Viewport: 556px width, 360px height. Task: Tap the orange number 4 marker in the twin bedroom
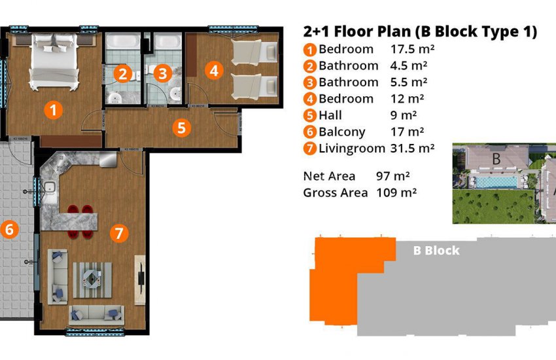[213, 69]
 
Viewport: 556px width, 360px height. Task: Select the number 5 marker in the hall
[182, 127]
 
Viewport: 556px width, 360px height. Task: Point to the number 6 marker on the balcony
[9, 229]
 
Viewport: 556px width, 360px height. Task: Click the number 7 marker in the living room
[117, 232]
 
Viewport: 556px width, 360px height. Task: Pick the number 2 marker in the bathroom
[121, 74]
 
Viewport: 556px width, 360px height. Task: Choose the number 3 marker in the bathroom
[164, 74]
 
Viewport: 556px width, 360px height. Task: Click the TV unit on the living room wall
[140, 270]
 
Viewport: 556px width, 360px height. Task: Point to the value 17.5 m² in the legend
[413, 49]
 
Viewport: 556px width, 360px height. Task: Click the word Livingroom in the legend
[351, 148]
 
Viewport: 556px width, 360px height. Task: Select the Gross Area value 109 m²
[396, 192]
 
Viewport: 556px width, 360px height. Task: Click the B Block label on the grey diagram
[436, 251]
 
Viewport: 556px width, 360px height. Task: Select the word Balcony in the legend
[342, 132]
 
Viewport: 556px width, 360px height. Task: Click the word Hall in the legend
[330, 115]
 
